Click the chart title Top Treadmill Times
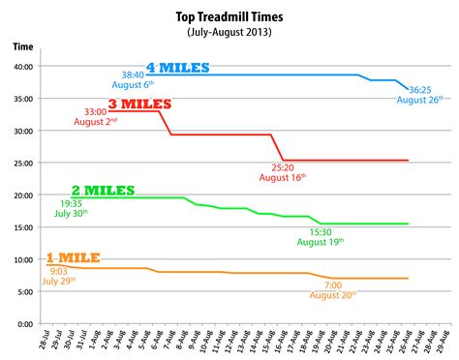[229, 17]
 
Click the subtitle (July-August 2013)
[229, 32]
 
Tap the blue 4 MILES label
[178, 68]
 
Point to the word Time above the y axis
[23, 46]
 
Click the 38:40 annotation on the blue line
[132, 73]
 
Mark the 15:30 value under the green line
[321, 232]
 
